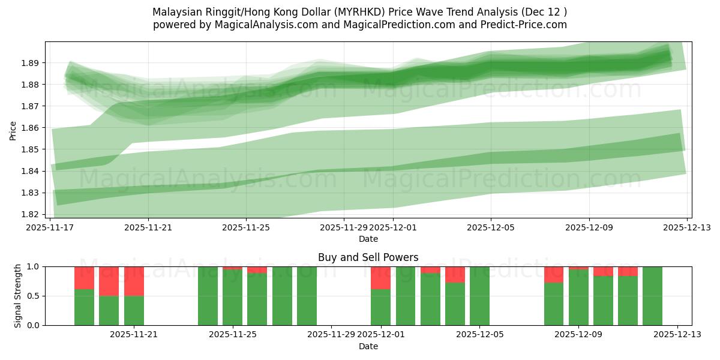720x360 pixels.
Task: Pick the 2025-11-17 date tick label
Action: pyautogui.click(x=50, y=227)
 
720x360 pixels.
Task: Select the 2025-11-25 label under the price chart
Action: pyautogui.click(x=246, y=227)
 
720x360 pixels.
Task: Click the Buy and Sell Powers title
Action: pyautogui.click(x=368, y=257)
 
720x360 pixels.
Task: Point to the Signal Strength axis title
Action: pyautogui.click(x=18, y=295)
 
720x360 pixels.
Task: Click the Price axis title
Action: pyautogui.click(x=13, y=130)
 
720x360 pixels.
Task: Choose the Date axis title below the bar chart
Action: pyautogui.click(x=368, y=346)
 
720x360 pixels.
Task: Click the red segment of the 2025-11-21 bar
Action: pyautogui.click(x=134, y=281)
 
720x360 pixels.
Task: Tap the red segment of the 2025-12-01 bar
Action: pyautogui.click(x=380, y=278)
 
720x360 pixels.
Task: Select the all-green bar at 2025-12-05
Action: pyautogui.click(x=479, y=296)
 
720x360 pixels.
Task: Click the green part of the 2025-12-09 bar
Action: pyautogui.click(x=578, y=298)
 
